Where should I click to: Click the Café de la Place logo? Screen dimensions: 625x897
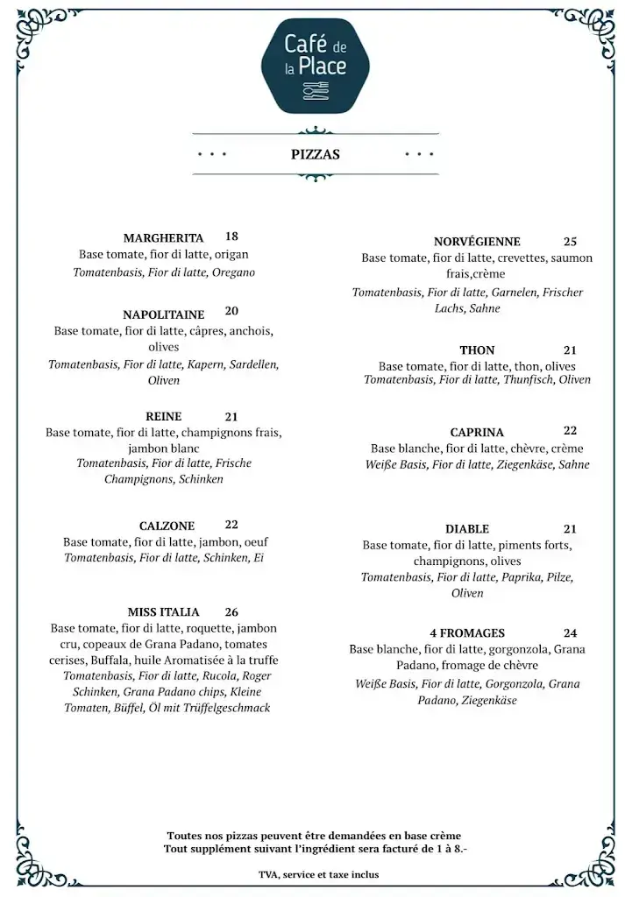316,66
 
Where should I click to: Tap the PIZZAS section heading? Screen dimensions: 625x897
316,154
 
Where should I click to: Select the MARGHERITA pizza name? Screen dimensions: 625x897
164,238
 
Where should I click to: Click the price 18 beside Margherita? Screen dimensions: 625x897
231,237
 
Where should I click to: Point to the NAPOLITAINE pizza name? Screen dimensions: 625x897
164,314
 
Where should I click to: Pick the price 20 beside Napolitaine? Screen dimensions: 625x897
231,311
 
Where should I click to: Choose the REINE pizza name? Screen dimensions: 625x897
164,417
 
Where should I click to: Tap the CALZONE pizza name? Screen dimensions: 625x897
167,526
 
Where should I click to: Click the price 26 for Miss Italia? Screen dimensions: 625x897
231,612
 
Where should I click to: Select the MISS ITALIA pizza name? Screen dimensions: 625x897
164,612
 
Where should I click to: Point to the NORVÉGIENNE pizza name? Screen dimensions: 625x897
477,242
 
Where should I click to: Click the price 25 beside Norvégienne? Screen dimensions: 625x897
571,242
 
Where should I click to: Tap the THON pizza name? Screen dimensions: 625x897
477,350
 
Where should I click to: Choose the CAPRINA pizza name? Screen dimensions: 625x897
477,433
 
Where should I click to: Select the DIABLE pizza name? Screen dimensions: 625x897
467,529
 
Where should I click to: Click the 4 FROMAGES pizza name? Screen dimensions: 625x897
467,633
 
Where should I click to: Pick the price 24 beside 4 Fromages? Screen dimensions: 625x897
571,633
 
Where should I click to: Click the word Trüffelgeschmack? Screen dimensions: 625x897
226,708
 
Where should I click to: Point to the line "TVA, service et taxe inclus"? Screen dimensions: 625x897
319,874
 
